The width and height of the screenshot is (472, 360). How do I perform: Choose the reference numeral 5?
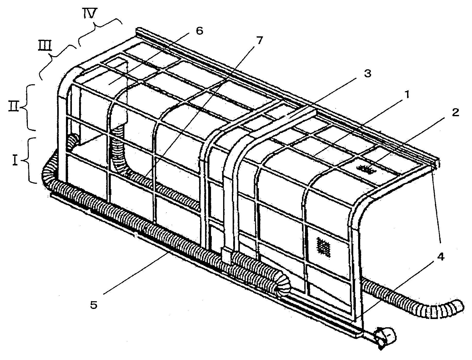click(94, 305)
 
